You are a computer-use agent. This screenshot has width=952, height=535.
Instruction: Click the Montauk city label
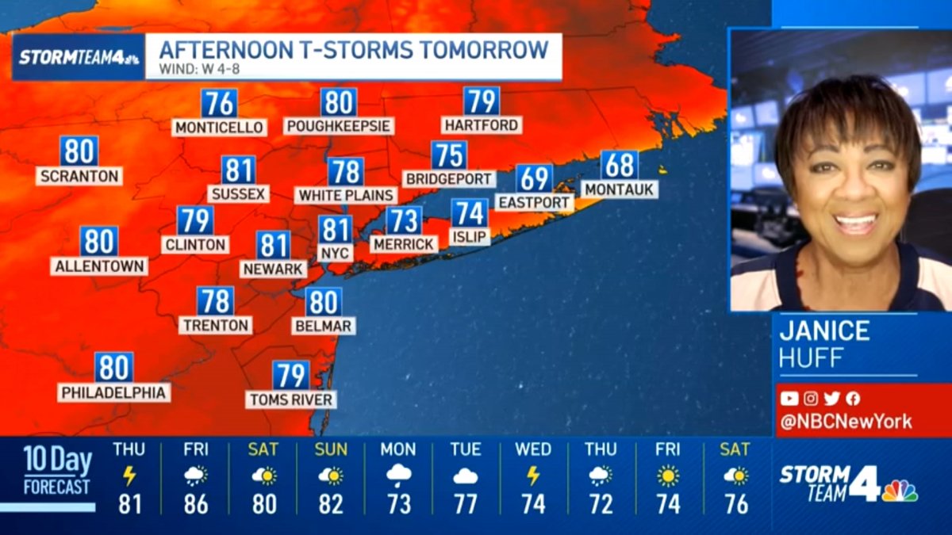620,189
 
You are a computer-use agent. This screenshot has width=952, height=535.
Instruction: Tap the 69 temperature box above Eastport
534,179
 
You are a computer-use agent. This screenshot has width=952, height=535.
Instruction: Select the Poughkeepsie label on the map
340,126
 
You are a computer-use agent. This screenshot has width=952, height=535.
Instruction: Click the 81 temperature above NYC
336,230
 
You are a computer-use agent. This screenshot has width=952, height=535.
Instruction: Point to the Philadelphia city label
114,392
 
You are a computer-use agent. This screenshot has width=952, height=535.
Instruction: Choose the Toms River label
291,399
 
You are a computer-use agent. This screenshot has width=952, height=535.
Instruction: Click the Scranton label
79,176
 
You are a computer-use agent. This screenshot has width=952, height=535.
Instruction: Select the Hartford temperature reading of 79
482,101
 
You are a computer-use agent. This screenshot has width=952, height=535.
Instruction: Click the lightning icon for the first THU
129,476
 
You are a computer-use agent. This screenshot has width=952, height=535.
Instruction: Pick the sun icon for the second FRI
668,476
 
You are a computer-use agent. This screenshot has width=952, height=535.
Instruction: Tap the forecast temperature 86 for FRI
196,504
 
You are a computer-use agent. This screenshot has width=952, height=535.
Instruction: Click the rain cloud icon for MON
398,476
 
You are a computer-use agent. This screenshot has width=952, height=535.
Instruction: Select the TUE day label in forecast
466,449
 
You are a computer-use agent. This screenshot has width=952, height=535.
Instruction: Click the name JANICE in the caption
824,331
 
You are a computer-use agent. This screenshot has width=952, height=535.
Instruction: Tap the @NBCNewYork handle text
846,422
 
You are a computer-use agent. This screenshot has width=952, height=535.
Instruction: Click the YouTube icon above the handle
789,399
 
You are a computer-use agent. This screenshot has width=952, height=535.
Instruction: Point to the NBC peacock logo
900,491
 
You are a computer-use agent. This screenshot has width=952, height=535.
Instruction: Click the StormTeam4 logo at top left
79,57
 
